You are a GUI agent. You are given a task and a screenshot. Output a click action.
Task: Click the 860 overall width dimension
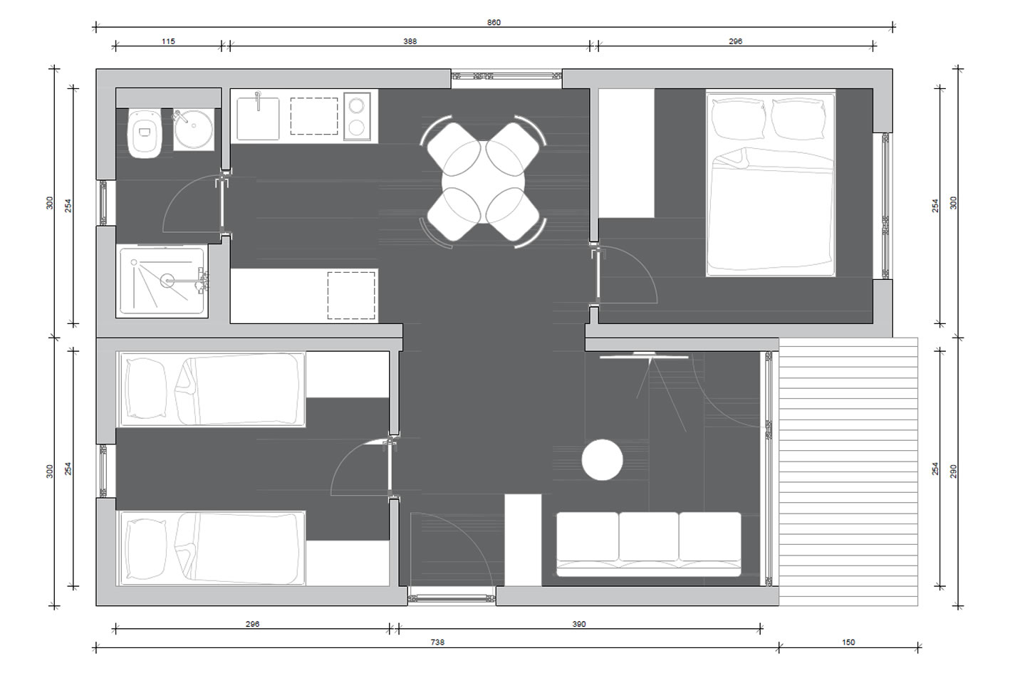click(x=494, y=22)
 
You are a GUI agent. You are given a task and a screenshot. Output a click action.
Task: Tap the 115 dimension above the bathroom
click(x=168, y=41)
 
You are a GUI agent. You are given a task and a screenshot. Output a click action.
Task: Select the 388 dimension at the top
click(x=410, y=41)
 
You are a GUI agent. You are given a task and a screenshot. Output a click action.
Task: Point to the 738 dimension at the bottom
click(x=437, y=642)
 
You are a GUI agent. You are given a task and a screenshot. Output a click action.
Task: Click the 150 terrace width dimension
click(x=848, y=642)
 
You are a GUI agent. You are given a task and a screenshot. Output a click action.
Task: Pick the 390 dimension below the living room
click(x=579, y=624)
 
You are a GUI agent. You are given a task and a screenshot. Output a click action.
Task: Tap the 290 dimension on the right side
click(x=953, y=471)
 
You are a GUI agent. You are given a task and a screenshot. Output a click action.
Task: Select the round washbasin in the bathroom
click(x=194, y=128)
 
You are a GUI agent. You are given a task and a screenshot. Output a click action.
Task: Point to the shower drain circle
click(x=167, y=281)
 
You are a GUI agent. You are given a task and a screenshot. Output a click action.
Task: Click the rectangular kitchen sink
click(x=258, y=118)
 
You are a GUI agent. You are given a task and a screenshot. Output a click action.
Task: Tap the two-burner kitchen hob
click(x=357, y=117)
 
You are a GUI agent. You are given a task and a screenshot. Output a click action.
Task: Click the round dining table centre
click(x=483, y=182)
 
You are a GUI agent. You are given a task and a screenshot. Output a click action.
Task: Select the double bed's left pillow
click(x=738, y=118)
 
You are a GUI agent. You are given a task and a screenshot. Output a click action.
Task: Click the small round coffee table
click(x=602, y=460)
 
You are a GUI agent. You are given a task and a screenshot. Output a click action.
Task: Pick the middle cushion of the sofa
click(x=649, y=536)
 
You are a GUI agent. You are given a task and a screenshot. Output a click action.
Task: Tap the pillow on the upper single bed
click(x=147, y=388)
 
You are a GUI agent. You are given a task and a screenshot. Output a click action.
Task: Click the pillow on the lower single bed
click(x=147, y=549)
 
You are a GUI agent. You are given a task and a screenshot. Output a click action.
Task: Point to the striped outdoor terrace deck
click(x=848, y=471)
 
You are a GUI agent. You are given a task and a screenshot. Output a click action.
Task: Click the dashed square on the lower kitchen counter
click(x=351, y=296)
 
